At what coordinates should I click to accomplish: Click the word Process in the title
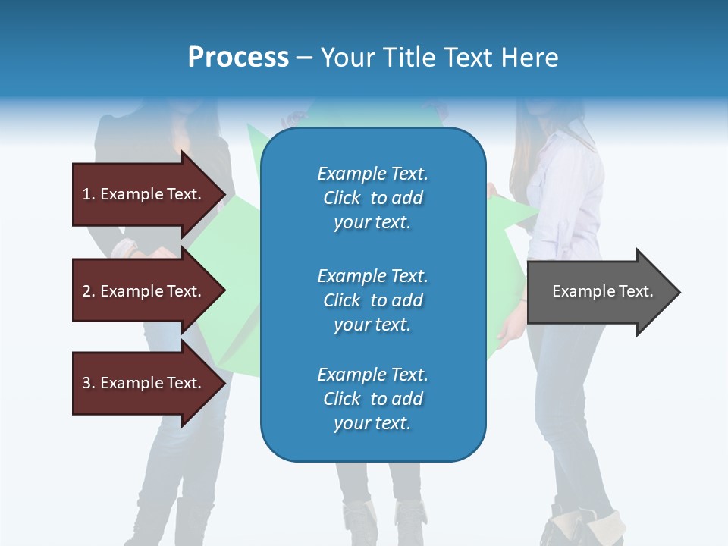pos(238,58)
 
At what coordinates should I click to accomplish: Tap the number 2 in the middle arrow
pos(86,291)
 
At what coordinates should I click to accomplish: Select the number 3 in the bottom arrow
pos(86,383)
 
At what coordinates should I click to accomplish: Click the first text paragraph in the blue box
pos(372,198)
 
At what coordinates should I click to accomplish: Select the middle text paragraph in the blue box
pos(372,300)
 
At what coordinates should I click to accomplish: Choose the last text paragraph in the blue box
pos(372,399)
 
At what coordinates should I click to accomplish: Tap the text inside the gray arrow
pos(603,291)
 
